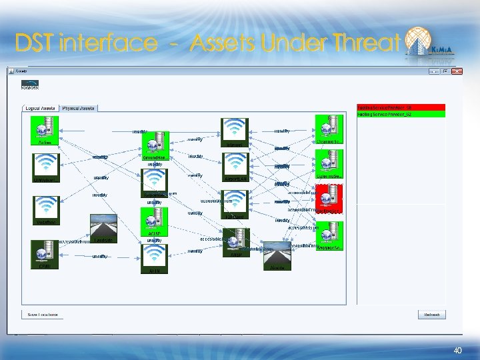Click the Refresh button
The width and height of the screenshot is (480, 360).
pyautogui.click(x=431, y=315)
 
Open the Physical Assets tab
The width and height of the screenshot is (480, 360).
pyautogui.click(x=78, y=108)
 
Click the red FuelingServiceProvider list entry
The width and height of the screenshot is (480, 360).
pyautogui.click(x=400, y=107)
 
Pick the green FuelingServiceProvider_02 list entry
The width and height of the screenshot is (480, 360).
pyautogui.click(x=400, y=114)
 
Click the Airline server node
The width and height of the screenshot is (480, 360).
pyautogui.click(x=45, y=131)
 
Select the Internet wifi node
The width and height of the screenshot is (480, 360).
pyautogui.click(x=235, y=133)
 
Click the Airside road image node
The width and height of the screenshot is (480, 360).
pyautogui.click(x=277, y=256)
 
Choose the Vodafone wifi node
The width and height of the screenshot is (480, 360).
pyautogui.click(x=45, y=209)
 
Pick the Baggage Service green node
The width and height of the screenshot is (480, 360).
pyautogui.click(x=328, y=235)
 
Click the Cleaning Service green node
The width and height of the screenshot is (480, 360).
pyautogui.click(x=328, y=130)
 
